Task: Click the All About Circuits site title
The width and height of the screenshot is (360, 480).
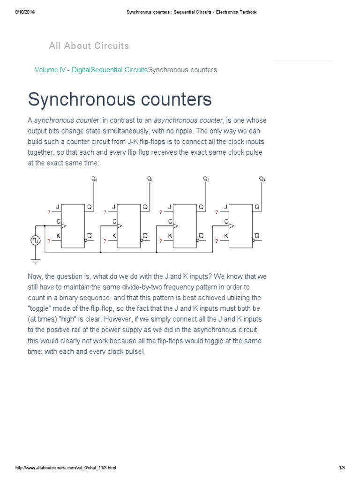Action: tap(89, 46)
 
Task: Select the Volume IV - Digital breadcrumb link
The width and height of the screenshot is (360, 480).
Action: tap(62, 70)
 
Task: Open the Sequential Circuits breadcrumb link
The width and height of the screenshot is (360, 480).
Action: tap(119, 70)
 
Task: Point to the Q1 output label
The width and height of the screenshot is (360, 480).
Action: tap(150, 179)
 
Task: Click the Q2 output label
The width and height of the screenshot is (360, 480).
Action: tap(206, 179)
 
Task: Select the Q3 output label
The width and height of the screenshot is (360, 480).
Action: tap(262, 179)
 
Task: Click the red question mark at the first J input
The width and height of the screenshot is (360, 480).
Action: tap(49, 212)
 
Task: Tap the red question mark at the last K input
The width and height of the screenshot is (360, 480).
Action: tap(217, 241)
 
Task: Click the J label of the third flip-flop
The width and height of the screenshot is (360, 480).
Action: tap(170, 207)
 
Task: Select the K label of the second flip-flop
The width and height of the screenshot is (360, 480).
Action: tap(114, 235)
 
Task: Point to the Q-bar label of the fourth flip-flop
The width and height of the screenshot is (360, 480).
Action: tap(256, 235)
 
